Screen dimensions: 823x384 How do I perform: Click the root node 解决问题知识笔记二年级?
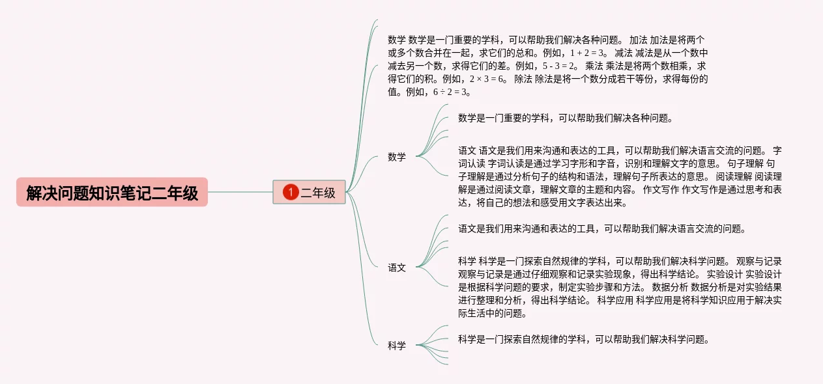pyautogui.click(x=112, y=193)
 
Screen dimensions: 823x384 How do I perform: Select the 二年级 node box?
pyautogui.click(x=310, y=193)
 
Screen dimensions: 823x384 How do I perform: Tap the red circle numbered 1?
pyautogui.click(x=291, y=193)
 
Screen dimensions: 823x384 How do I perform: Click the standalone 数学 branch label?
pyautogui.click(x=397, y=157)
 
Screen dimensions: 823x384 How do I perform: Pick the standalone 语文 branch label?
pyautogui.click(x=397, y=267)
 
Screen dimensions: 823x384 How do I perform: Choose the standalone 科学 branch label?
pyautogui.click(x=397, y=346)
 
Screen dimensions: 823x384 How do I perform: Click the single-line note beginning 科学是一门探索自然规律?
pyautogui.click(x=583, y=339)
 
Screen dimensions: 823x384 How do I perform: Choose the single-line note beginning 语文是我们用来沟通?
pyautogui.click(x=601, y=228)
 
